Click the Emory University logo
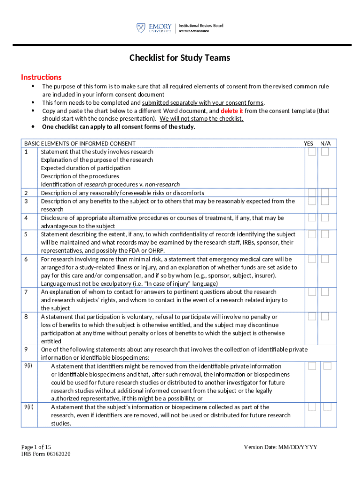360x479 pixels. (x=154, y=28)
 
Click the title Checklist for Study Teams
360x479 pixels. (x=180, y=58)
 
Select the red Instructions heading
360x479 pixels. (x=41, y=77)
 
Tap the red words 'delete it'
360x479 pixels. (x=231, y=111)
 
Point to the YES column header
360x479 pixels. (x=309, y=144)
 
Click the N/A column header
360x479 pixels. (x=325, y=144)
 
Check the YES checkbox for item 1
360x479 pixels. (x=312, y=152)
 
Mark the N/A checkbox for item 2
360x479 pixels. (x=325, y=193)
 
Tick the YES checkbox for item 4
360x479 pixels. (x=312, y=218)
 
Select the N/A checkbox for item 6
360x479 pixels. (x=325, y=259)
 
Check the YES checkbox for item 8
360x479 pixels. (x=312, y=317)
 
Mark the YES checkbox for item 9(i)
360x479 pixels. (x=312, y=366)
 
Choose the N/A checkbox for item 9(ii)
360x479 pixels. (x=327, y=407)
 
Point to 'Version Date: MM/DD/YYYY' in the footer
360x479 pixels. (x=281, y=447)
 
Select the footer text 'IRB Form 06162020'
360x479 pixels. (x=46, y=454)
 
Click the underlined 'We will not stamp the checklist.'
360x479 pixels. (x=202, y=119)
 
